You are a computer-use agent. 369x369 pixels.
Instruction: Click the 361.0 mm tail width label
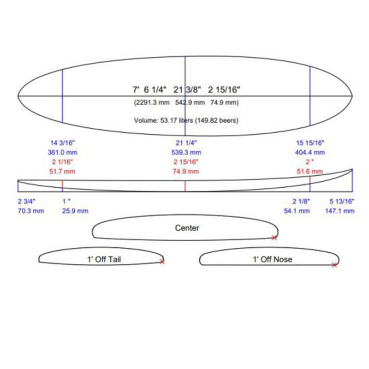click(63, 153)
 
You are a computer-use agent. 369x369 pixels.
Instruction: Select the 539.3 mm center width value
click(186, 153)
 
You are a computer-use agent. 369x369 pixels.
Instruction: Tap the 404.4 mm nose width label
click(310, 153)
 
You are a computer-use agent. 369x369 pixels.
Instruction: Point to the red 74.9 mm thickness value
click(186, 171)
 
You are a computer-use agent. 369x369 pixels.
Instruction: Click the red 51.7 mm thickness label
click(62, 171)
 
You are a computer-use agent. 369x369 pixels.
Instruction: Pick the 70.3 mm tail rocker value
click(31, 211)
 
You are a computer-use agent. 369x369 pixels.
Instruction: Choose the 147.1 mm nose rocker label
click(340, 211)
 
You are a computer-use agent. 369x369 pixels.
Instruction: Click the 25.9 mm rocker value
click(75, 211)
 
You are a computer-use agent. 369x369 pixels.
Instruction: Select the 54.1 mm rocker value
click(297, 211)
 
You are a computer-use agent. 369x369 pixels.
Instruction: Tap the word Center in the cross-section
click(187, 228)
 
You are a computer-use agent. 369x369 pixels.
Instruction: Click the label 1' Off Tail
click(104, 259)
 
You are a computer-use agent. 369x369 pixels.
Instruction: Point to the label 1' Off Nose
click(273, 259)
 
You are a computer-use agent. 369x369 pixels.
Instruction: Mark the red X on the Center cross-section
click(274, 238)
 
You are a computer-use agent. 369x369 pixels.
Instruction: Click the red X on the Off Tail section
click(162, 261)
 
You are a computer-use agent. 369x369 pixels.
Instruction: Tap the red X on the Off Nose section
click(334, 265)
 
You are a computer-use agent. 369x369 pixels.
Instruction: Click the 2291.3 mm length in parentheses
click(152, 102)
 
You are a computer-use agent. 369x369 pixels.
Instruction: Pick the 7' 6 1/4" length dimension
click(149, 89)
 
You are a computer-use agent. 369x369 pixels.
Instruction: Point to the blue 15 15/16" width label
click(310, 143)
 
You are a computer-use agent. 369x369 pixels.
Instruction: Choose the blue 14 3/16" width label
click(62, 143)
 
